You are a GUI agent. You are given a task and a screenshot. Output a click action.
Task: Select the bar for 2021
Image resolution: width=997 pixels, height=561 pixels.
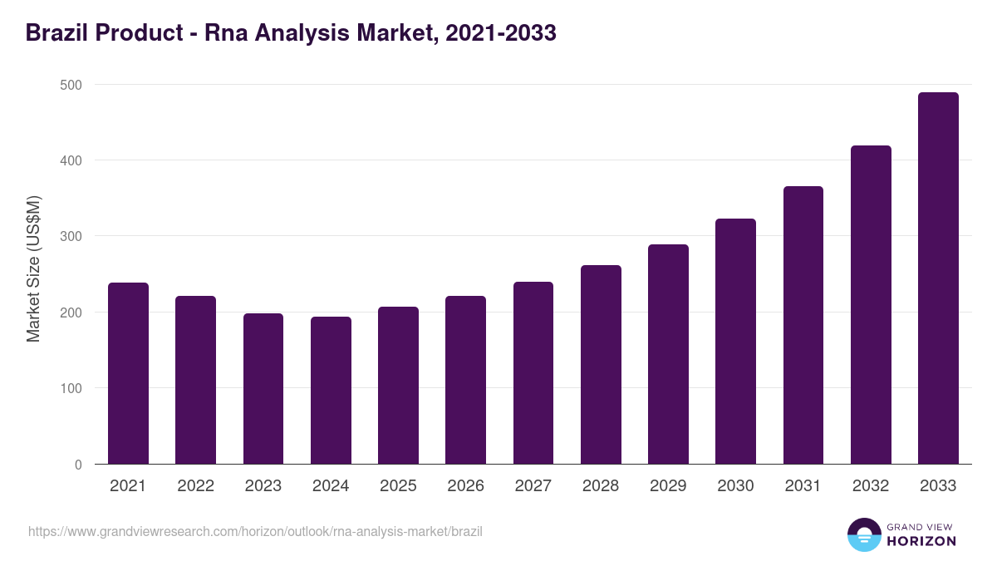click(x=128, y=373)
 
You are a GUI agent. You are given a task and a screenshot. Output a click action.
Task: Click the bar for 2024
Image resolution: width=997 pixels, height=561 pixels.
click(x=331, y=391)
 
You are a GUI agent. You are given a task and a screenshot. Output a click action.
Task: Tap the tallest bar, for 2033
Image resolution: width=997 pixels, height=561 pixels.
click(x=938, y=278)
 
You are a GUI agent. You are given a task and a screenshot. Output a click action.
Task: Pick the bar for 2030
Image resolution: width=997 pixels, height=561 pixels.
click(x=735, y=342)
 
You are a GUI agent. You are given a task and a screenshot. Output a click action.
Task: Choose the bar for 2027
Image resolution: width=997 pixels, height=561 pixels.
click(x=533, y=373)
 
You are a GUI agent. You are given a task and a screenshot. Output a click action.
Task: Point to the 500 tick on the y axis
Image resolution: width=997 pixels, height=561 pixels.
click(x=71, y=85)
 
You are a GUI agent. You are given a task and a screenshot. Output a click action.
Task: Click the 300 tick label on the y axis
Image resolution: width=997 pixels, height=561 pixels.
click(x=71, y=237)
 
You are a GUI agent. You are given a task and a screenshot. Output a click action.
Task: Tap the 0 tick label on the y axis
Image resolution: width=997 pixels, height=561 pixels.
click(x=78, y=465)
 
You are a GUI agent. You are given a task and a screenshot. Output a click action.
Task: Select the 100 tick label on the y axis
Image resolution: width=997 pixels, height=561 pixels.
click(x=71, y=388)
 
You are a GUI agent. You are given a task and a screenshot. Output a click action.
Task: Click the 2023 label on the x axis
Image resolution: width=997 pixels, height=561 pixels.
click(x=263, y=486)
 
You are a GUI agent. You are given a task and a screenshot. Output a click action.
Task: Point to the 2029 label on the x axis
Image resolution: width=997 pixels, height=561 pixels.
click(x=668, y=486)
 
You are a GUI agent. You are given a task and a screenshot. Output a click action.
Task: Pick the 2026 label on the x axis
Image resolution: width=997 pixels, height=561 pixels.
click(x=465, y=486)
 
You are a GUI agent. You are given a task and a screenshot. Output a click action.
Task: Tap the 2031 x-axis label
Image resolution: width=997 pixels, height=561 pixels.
click(x=803, y=486)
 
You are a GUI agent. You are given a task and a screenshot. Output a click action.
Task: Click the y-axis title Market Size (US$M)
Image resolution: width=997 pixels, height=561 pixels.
click(x=33, y=268)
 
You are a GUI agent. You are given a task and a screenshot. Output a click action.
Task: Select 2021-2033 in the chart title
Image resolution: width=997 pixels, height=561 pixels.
click(x=500, y=33)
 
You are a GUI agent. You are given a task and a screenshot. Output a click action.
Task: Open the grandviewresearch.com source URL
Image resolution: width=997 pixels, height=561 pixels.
click(x=255, y=531)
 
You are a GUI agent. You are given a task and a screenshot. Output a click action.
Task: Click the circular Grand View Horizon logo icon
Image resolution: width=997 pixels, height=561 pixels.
click(x=863, y=534)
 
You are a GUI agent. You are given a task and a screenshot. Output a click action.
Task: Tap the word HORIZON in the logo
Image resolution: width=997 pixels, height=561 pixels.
click(x=921, y=541)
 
